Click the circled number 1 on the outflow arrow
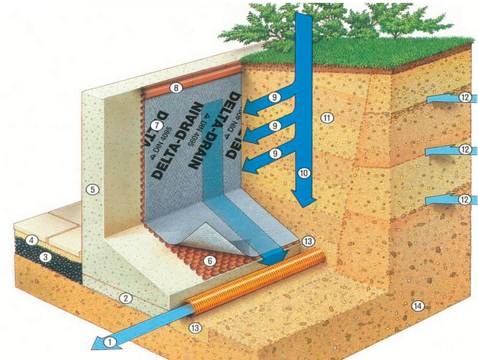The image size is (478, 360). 110,341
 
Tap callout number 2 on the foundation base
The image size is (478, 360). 125,298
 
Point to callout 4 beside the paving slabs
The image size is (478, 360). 32,240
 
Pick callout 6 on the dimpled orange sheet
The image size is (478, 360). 208,261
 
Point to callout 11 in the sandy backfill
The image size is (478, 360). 327,117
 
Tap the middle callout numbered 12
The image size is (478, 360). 465,149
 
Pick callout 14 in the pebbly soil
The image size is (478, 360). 418,306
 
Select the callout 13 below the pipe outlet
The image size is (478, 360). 194,327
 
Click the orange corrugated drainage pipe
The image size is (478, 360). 258,282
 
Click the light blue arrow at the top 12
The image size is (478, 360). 441,99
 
